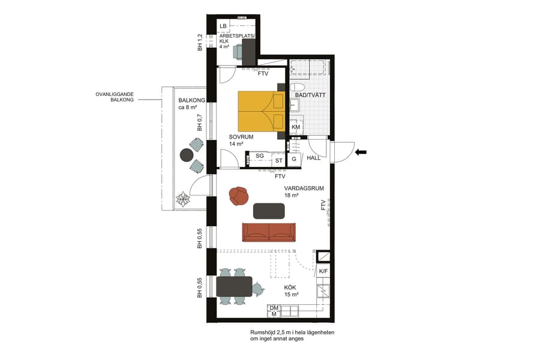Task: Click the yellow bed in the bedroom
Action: click(261, 111)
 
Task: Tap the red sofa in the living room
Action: click(268, 232)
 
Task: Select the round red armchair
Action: click(239, 196)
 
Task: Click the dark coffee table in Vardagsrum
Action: click(269, 211)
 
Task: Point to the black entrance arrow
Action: click(361, 152)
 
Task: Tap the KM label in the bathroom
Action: click(295, 127)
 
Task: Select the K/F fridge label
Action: click(323, 272)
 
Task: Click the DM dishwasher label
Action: click(274, 308)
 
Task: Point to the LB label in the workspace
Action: click(223, 26)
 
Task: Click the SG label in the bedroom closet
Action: click(259, 156)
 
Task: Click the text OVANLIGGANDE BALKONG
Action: click(116, 97)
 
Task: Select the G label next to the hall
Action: click(294, 160)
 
